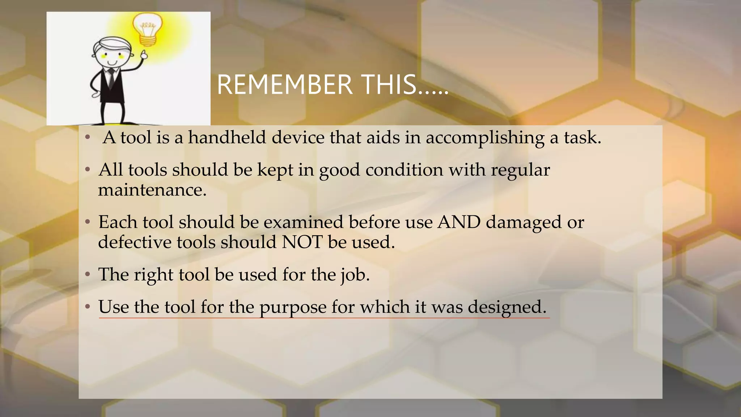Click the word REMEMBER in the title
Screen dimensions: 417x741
[285, 85]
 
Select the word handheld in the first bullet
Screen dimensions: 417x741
[227, 138]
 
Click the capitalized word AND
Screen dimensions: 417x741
[459, 222]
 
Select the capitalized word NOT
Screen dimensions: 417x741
[302, 242]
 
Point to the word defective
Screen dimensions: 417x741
[135, 242]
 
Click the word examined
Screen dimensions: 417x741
[303, 222]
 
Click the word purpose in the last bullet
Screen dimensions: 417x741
[293, 308]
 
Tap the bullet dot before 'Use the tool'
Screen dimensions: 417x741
[87, 307]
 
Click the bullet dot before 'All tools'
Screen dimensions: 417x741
[87, 170]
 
